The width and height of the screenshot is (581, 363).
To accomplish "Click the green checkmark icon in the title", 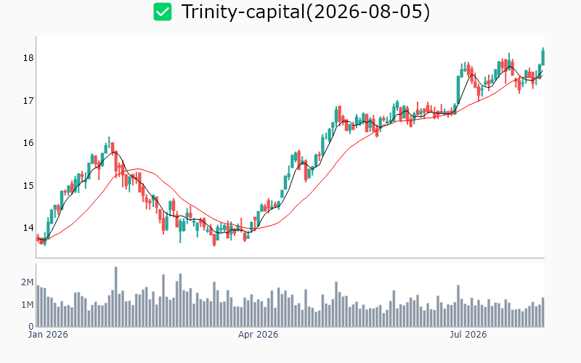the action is tap(163, 12).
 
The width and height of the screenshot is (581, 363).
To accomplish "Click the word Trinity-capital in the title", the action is tap(243, 12).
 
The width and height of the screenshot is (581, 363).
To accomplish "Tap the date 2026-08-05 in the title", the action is tap(367, 12).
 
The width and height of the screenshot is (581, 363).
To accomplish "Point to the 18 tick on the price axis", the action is tap(28, 58).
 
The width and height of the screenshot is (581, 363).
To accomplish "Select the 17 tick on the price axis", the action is tap(28, 100).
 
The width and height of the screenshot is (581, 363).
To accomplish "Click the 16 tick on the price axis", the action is tap(28, 142).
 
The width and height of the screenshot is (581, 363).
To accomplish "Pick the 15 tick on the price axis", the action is tap(28, 185).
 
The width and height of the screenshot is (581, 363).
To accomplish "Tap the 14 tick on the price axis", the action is tap(28, 227).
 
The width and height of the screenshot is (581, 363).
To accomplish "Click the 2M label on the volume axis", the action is tap(27, 282).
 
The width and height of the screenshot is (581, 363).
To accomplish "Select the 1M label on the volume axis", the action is tap(27, 305).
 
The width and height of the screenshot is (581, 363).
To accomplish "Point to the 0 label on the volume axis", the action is tap(31, 327).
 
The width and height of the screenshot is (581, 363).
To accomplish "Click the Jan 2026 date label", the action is tap(48, 335).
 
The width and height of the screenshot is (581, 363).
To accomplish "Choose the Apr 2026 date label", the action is tap(258, 335).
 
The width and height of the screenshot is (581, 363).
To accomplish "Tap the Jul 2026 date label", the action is tap(468, 335).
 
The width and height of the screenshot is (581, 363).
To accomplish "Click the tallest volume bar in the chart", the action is tap(116, 297).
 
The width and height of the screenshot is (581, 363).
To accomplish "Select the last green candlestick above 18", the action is tap(543, 57).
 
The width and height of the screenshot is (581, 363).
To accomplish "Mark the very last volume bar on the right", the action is tap(543, 312).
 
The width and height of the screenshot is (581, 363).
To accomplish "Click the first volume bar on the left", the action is tap(38, 306).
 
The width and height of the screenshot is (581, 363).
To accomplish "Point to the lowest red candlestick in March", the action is tap(214, 239).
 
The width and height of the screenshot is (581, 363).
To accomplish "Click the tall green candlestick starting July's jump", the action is tap(458, 90).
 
